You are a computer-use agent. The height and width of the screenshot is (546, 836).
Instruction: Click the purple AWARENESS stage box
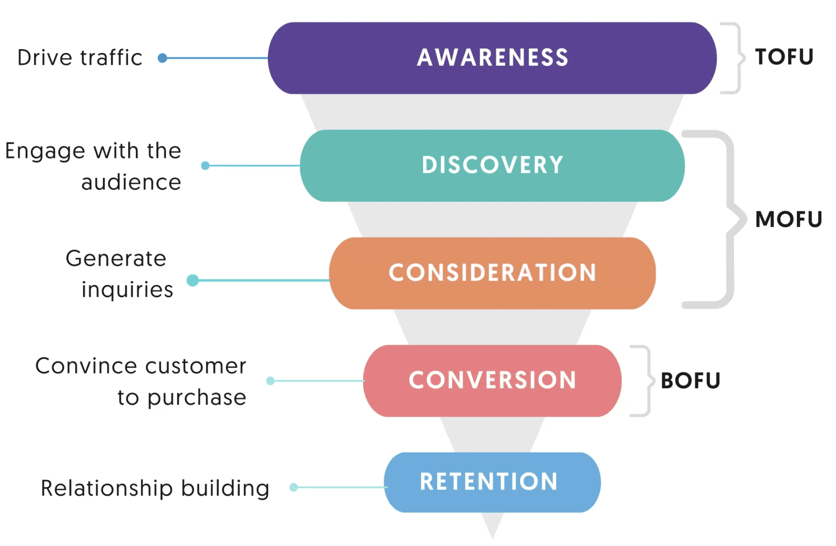point(492,58)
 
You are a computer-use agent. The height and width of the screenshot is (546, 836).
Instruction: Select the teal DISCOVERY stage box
point(492,165)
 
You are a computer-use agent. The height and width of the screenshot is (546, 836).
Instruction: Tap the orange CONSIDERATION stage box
point(492,273)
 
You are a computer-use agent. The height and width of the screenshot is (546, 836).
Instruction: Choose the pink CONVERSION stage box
point(492,381)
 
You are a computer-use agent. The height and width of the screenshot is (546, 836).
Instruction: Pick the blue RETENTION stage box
point(492,482)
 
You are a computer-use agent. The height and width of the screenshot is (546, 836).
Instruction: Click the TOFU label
point(784,57)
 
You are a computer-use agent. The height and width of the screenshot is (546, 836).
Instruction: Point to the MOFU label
point(788,219)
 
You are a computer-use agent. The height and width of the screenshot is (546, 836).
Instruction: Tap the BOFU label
point(690,381)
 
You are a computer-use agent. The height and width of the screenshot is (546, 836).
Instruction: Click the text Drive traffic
point(80,58)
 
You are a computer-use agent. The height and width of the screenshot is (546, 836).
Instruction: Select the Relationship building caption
point(155,488)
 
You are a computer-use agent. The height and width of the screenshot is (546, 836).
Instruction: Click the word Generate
point(116,258)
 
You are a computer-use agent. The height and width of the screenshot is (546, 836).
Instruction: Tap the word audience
point(131,182)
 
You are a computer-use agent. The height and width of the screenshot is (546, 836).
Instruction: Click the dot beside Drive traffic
point(162,58)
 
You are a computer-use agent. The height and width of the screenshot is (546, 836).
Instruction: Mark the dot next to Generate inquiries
point(193,280)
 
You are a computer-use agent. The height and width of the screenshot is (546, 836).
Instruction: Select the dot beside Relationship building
point(294,487)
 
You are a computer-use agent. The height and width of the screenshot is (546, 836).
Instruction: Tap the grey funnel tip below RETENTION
point(492,526)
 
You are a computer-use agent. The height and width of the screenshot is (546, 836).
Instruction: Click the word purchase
point(197,398)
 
